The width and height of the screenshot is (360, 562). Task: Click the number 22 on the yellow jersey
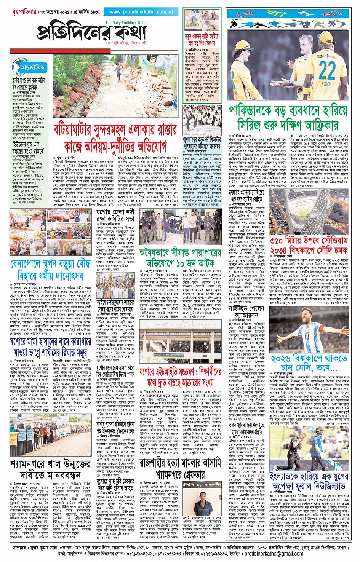pos(326,70)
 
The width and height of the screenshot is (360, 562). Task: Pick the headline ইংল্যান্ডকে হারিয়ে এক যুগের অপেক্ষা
pos(309,481)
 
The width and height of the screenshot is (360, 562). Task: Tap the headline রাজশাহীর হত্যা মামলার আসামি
pos(180,469)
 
